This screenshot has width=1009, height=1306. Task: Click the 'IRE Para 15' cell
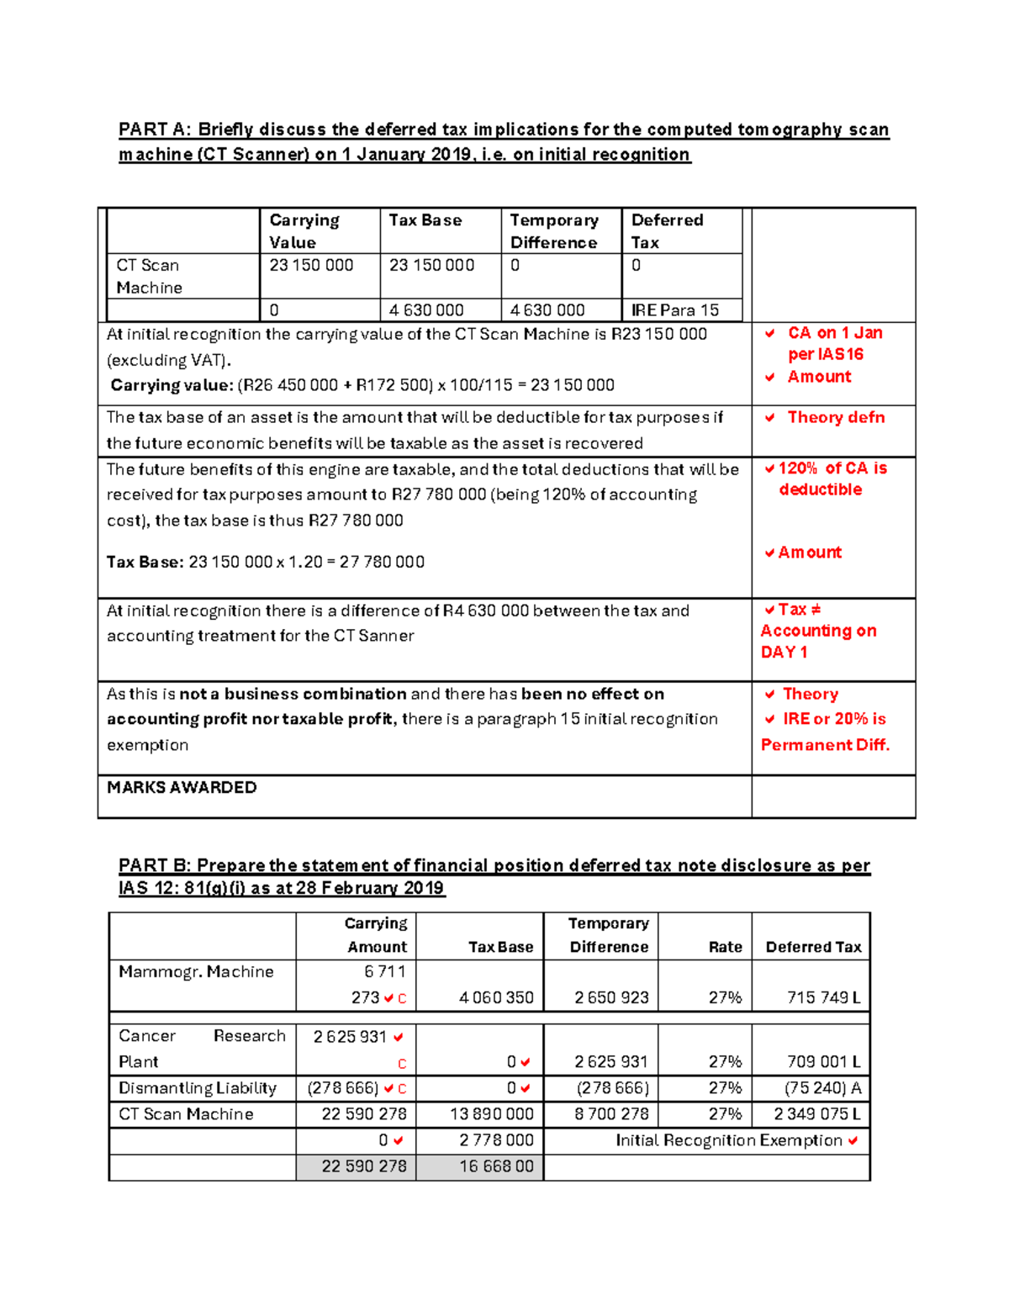point(675,310)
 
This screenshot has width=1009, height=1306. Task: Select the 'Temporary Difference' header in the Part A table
point(554,231)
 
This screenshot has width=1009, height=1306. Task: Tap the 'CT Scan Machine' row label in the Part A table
point(149,276)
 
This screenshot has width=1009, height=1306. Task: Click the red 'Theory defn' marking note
point(835,418)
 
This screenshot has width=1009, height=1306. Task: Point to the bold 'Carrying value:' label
point(172,385)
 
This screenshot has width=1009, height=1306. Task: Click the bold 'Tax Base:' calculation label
point(145,562)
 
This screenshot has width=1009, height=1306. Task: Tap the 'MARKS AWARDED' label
point(182,788)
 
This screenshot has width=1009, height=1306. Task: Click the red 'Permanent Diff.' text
point(825,745)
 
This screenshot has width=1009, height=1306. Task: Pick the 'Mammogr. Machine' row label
point(196,972)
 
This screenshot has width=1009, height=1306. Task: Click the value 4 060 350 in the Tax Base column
point(496,998)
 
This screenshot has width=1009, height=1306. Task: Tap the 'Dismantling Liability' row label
point(198,1088)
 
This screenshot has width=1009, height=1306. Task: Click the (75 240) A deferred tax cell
point(822,1088)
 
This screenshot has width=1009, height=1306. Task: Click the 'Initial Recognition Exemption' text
point(728,1140)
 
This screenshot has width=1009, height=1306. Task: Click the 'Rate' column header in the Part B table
point(725,947)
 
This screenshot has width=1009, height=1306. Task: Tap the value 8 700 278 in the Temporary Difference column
point(611,1114)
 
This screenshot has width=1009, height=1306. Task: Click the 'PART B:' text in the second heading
point(155,865)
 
